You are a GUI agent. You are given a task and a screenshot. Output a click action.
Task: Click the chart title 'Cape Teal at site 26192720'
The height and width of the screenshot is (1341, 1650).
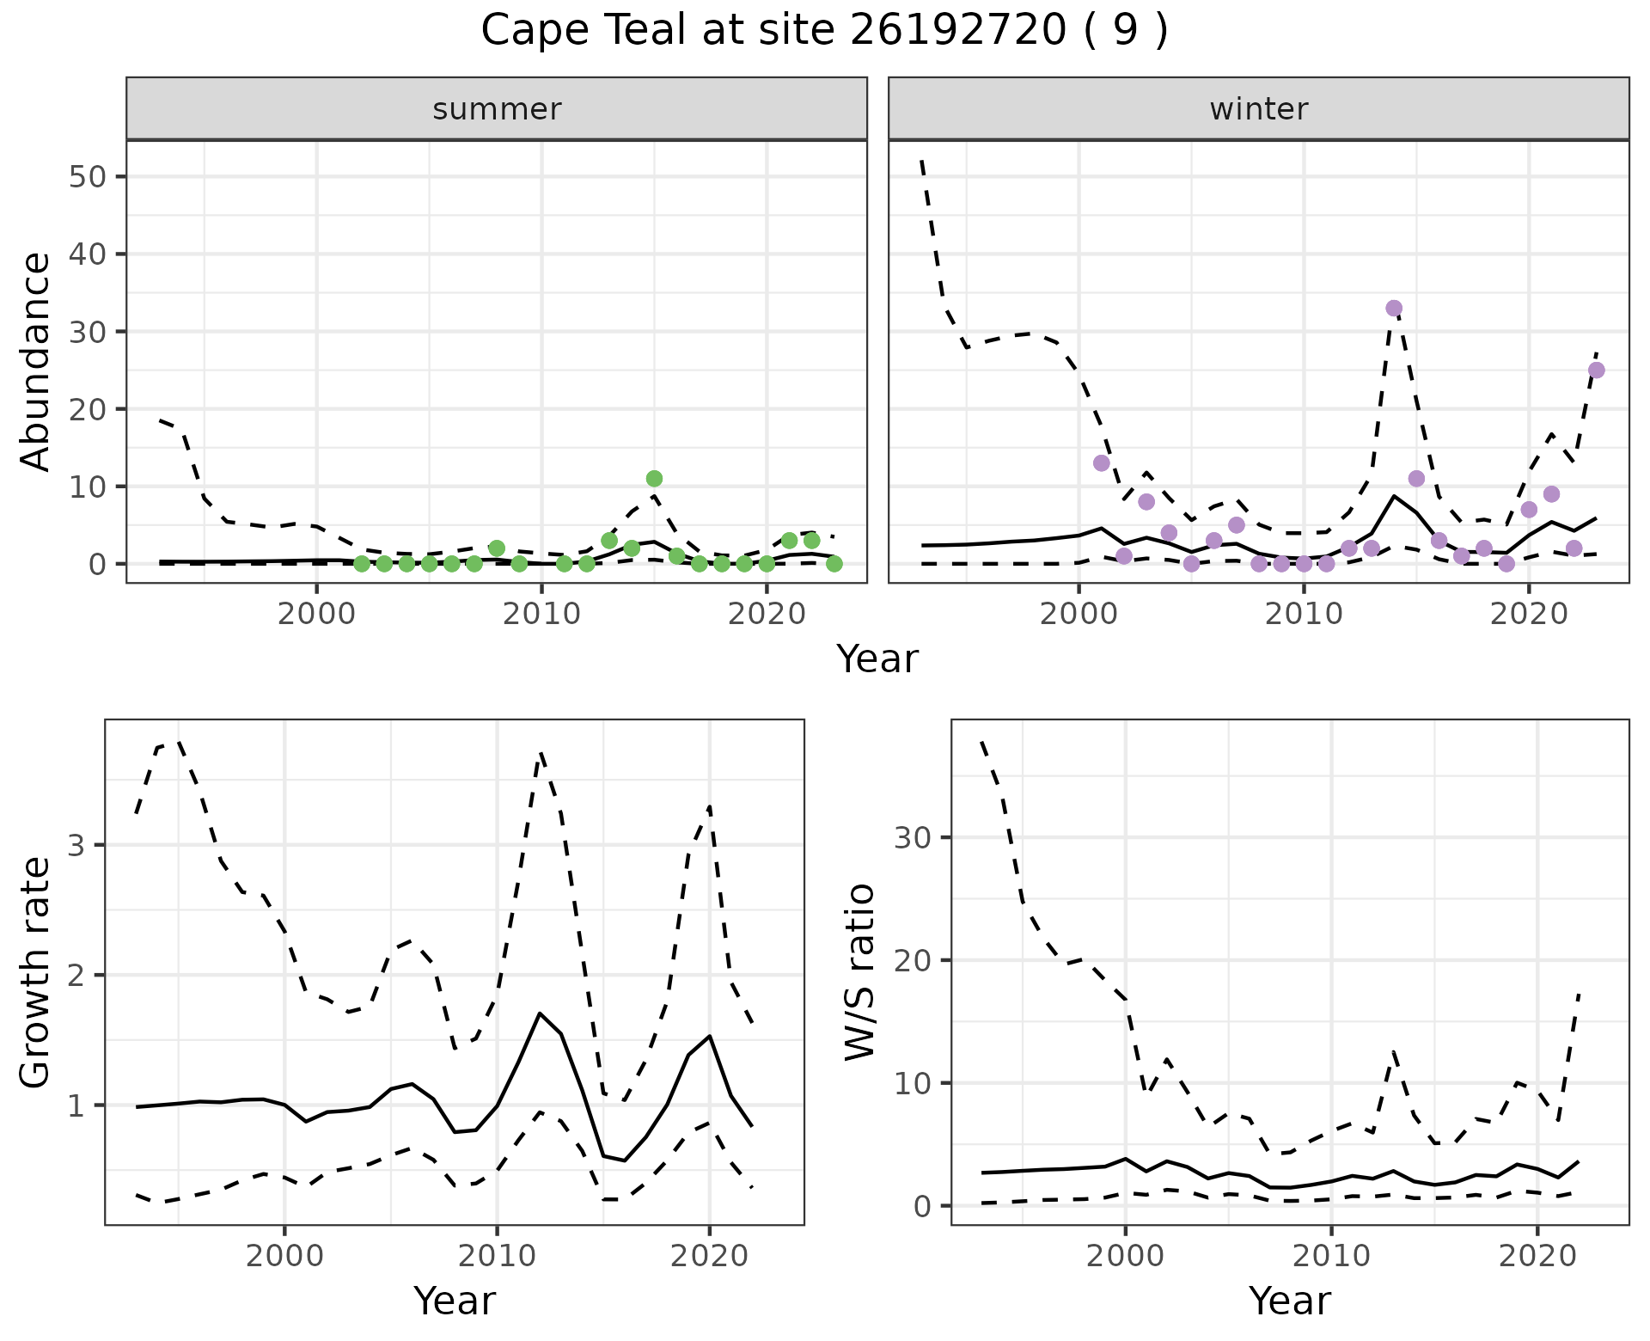tap(823, 32)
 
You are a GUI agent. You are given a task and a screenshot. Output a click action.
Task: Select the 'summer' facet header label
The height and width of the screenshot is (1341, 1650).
tap(497, 109)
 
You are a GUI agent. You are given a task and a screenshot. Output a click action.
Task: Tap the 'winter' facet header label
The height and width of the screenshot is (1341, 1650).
tap(1258, 109)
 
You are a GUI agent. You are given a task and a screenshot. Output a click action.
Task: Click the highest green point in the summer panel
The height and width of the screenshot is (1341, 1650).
tap(654, 479)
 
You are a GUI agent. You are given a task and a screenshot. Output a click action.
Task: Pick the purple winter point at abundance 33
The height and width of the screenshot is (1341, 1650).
tap(1394, 309)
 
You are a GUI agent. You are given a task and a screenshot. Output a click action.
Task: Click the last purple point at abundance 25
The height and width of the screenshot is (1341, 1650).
tap(1597, 370)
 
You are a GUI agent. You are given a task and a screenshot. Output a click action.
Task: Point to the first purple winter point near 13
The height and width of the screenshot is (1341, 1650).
tap(1102, 463)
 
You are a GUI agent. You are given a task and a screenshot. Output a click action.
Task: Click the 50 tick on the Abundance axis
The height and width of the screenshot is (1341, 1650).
tap(85, 177)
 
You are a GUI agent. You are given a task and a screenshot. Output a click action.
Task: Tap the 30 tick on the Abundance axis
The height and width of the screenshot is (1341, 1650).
tap(85, 332)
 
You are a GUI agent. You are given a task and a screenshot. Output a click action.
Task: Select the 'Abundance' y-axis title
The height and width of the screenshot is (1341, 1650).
tap(36, 361)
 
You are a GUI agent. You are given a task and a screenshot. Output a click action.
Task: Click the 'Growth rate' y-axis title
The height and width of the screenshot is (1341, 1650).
tap(36, 971)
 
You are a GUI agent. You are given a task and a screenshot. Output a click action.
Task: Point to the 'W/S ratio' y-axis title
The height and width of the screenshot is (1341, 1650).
tap(859, 971)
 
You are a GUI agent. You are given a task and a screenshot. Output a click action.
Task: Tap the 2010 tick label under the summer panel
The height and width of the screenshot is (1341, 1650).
tap(541, 615)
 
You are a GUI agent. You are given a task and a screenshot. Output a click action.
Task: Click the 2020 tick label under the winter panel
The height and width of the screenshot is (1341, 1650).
tap(1529, 615)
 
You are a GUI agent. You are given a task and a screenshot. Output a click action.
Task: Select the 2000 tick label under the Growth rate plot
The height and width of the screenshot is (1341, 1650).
tap(284, 1257)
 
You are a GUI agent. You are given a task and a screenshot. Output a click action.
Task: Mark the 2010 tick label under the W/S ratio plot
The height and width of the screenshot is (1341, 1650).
tap(1331, 1257)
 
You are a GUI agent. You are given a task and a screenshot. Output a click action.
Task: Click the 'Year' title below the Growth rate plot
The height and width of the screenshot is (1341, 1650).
tap(455, 1301)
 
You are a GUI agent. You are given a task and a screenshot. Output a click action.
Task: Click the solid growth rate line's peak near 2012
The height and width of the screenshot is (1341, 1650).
tap(539, 1013)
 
